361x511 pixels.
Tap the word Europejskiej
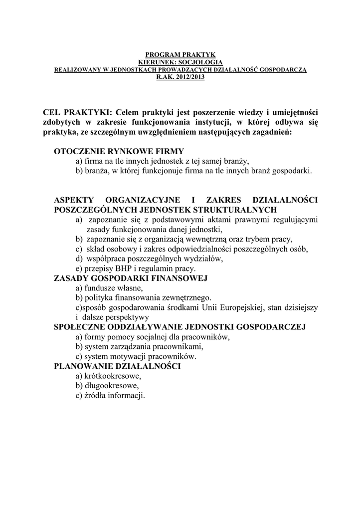242,307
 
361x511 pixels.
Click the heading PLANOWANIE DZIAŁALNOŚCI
117,366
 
